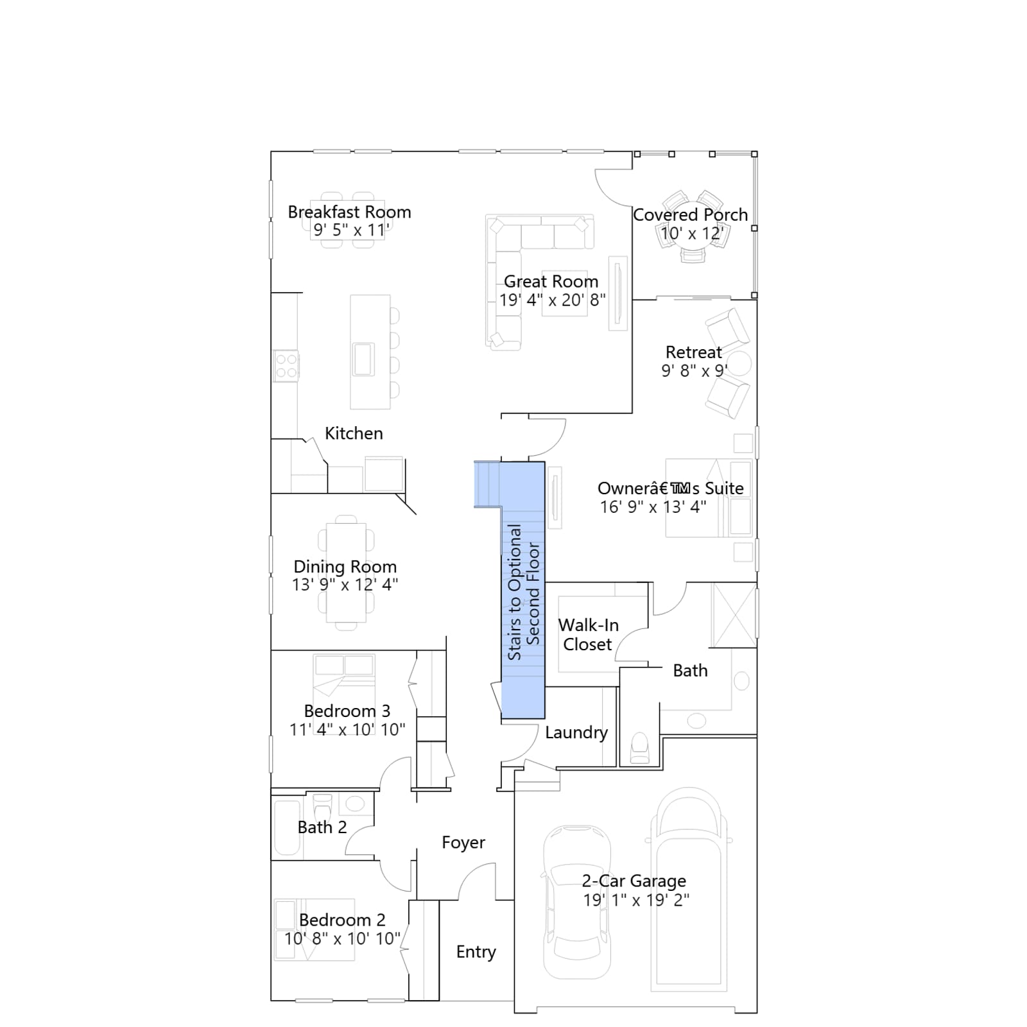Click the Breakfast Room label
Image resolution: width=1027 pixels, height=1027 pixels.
[349, 212]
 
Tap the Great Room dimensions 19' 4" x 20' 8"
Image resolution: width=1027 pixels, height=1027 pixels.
[553, 300]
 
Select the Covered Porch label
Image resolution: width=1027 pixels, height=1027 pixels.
[691, 214]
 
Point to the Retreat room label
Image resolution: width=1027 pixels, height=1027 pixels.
[694, 352]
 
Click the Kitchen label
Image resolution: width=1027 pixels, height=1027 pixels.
[354, 433]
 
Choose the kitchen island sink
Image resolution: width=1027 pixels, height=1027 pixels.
[363, 359]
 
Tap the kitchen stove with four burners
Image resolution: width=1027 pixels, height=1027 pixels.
[286, 365]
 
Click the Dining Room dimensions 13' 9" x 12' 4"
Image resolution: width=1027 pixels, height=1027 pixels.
[345, 585]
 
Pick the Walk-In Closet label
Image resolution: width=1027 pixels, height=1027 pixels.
[588, 635]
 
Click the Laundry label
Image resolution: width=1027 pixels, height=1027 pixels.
[576, 732]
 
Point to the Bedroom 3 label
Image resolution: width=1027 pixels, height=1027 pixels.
[347, 711]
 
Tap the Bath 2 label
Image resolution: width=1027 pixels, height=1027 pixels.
[322, 827]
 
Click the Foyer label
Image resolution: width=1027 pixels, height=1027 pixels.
[463, 842]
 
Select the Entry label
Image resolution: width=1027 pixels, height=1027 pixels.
[476, 952]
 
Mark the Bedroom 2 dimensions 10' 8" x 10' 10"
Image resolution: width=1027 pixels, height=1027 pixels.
[343, 938]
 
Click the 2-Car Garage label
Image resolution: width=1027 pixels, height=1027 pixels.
[634, 881]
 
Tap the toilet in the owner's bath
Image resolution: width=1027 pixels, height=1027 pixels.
[640, 748]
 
